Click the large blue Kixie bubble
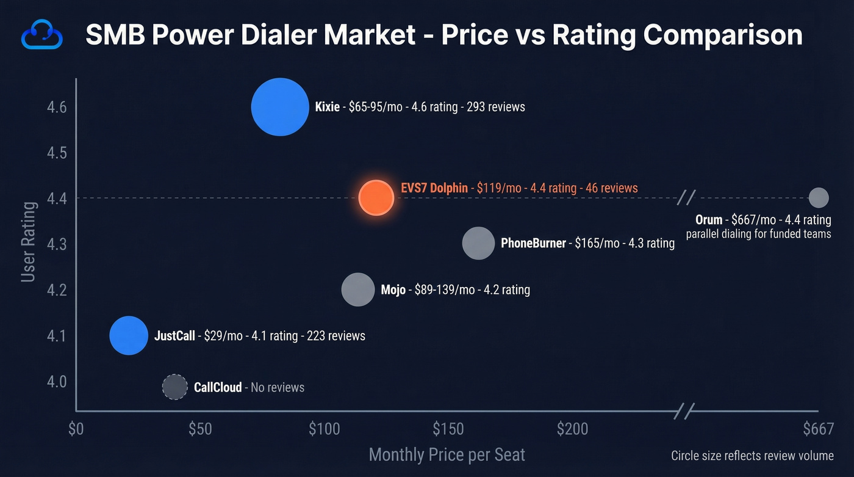coord(280,107)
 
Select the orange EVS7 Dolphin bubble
coord(376,198)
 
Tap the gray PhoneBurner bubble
coord(478,243)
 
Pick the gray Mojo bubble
coord(357,289)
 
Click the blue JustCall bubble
coord(129,335)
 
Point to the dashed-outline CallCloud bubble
coord(174,387)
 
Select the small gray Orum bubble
coord(818,198)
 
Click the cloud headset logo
coord(42,36)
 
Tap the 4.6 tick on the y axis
coord(57,107)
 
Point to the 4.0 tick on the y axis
coord(57,382)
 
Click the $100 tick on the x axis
coord(324,429)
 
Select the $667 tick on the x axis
coord(818,429)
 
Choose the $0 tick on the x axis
coord(76,429)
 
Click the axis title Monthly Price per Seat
coord(447,455)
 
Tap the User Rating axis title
coord(28,242)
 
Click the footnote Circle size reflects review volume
coord(752,456)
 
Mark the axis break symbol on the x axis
coord(684,412)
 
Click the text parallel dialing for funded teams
coord(758,234)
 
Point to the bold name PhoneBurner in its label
coord(533,243)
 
